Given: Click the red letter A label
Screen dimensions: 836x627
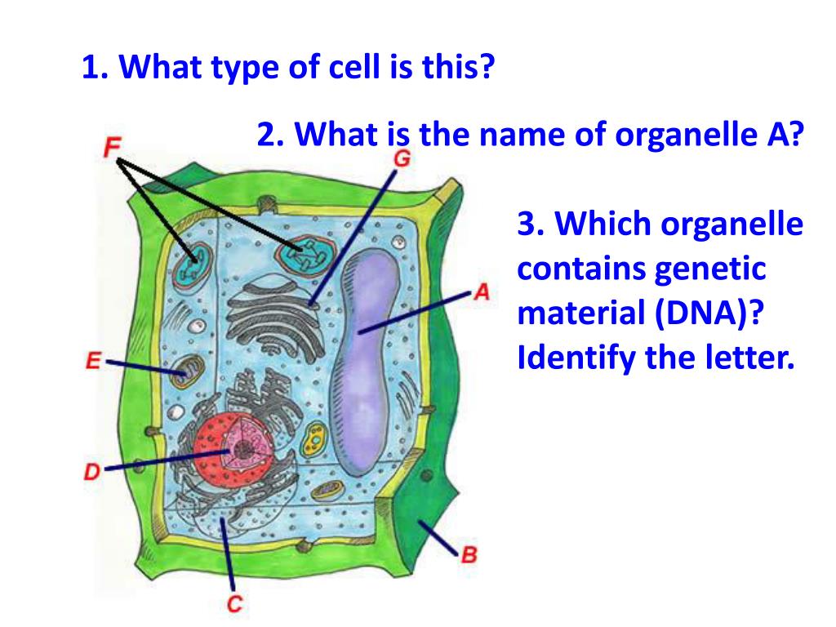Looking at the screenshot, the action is (482, 291).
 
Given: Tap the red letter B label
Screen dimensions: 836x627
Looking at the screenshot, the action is (469, 556).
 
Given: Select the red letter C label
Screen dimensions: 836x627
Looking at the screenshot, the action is (234, 604).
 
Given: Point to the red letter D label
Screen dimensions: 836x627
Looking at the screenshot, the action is (92, 471).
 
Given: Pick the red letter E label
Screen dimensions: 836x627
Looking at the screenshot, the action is (93, 360).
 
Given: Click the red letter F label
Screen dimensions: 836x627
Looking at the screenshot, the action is (113, 147).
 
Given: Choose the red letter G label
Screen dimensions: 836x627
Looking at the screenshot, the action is (401, 158).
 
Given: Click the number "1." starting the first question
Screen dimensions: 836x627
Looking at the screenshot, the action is (97, 67).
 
